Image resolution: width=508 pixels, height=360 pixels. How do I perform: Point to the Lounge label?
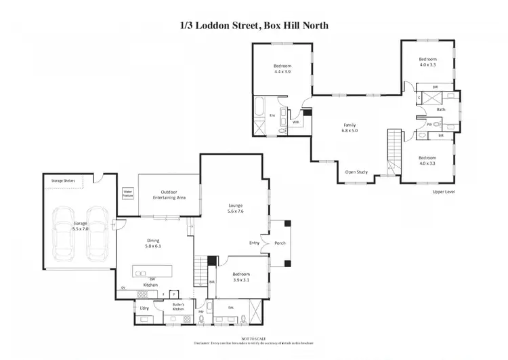point(235,205)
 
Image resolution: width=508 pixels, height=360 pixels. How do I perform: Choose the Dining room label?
point(153,240)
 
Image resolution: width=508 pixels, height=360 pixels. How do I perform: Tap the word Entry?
point(254,243)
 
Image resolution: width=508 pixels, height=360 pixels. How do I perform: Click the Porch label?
point(278,243)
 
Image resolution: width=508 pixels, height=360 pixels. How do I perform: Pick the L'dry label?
point(144,308)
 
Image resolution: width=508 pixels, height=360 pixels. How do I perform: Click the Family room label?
point(350,125)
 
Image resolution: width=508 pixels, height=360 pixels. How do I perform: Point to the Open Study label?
point(356,172)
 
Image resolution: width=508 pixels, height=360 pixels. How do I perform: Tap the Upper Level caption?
point(443,192)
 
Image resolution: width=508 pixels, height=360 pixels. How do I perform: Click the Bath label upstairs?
point(441,109)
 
